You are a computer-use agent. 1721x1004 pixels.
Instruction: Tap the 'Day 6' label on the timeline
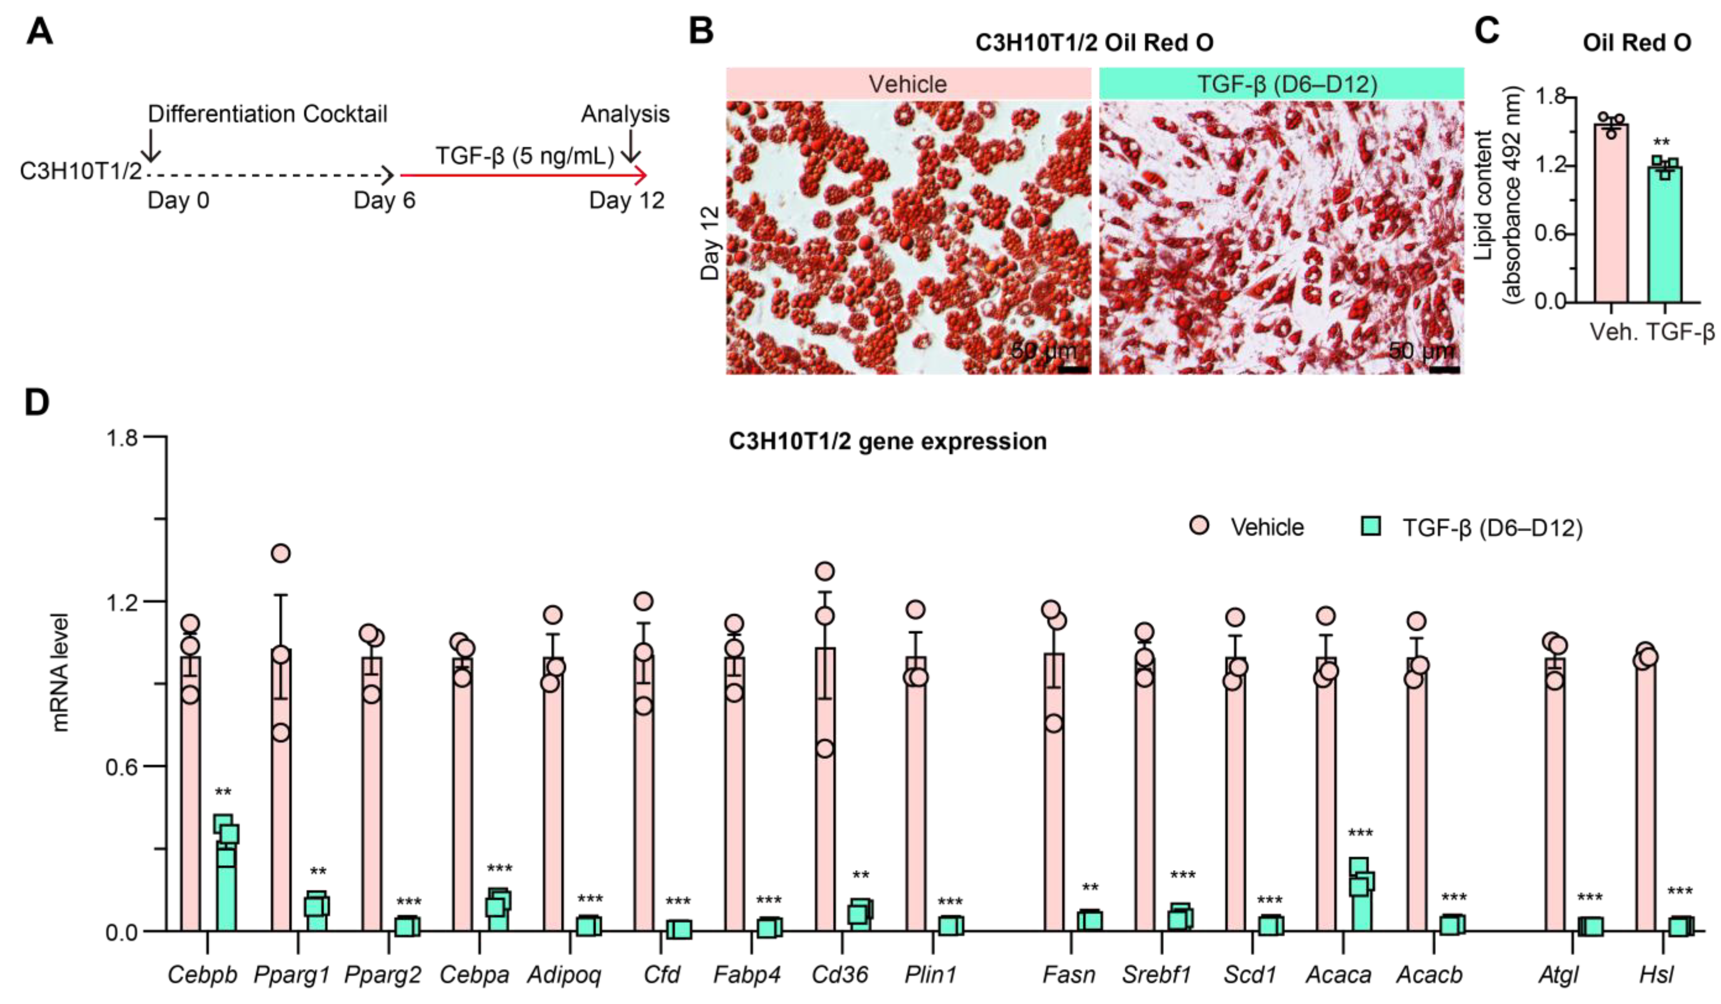point(384,201)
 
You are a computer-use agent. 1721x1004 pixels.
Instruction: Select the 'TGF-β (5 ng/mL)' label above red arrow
point(524,156)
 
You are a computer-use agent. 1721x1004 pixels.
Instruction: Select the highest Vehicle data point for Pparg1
point(281,553)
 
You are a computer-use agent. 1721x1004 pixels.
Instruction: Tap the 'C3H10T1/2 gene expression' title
point(887,442)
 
